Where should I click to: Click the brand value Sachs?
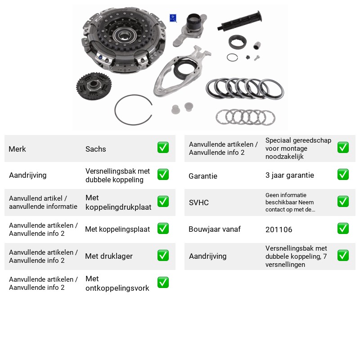(x=95, y=149)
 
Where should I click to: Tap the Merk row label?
(x=17, y=149)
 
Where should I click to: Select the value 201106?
(x=279, y=229)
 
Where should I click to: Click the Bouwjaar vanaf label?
(x=215, y=229)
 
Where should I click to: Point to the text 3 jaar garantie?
(x=289, y=175)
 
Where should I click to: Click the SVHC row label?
(x=198, y=202)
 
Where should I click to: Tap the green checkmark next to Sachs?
(x=163, y=148)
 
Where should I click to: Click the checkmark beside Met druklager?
(x=163, y=256)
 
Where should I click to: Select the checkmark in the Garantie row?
(x=343, y=175)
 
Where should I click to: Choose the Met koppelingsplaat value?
(x=117, y=229)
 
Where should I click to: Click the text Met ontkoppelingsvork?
(x=117, y=283)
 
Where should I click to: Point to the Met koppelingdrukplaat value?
(x=118, y=202)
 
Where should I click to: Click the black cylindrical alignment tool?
(x=239, y=21)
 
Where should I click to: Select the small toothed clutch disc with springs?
(x=94, y=86)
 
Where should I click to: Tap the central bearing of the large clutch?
(x=124, y=35)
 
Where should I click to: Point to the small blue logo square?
(x=173, y=18)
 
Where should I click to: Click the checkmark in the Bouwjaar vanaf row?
(x=343, y=229)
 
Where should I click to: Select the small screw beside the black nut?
(x=256, y=58)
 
